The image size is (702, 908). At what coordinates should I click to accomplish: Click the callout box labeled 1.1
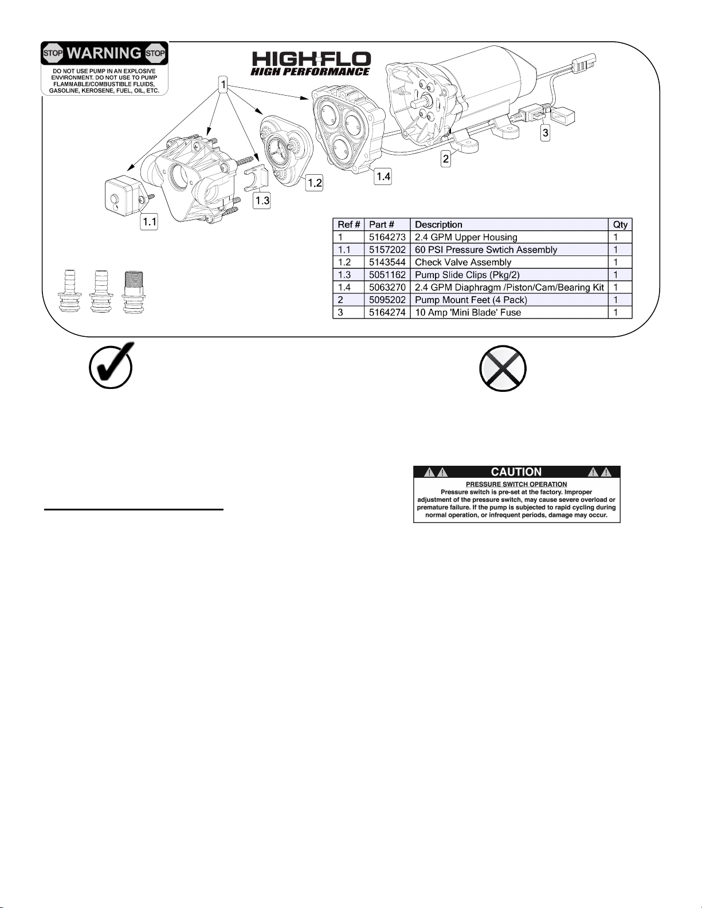(149, 222)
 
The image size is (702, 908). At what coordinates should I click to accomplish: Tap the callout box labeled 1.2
(314, 183)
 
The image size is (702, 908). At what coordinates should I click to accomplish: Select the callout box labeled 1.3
(262, 201)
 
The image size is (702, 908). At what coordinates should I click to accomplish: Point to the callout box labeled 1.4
(383, 176)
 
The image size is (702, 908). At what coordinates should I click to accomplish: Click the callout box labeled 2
(446, 159)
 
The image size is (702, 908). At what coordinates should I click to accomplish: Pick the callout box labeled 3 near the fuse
(546, 133)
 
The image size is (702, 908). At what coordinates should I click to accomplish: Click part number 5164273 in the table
(387, 237)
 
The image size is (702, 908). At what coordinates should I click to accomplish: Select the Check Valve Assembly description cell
(463, 262)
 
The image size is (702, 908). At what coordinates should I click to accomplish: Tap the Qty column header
(620, 225)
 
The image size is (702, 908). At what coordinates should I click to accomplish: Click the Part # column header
(381, 225)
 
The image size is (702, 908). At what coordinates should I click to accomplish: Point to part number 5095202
(387, 300)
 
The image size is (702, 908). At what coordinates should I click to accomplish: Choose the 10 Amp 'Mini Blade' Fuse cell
(468, 313)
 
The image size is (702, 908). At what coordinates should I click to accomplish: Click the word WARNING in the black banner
(104, 53)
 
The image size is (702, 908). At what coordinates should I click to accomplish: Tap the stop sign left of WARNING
(53, 53)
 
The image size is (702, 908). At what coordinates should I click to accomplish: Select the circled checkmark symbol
(112, 365)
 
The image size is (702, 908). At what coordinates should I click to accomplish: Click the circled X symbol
(503, 368)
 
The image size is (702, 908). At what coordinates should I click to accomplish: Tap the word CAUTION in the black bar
(516, 471)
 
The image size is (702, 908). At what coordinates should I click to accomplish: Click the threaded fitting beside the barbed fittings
(134, 293)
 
